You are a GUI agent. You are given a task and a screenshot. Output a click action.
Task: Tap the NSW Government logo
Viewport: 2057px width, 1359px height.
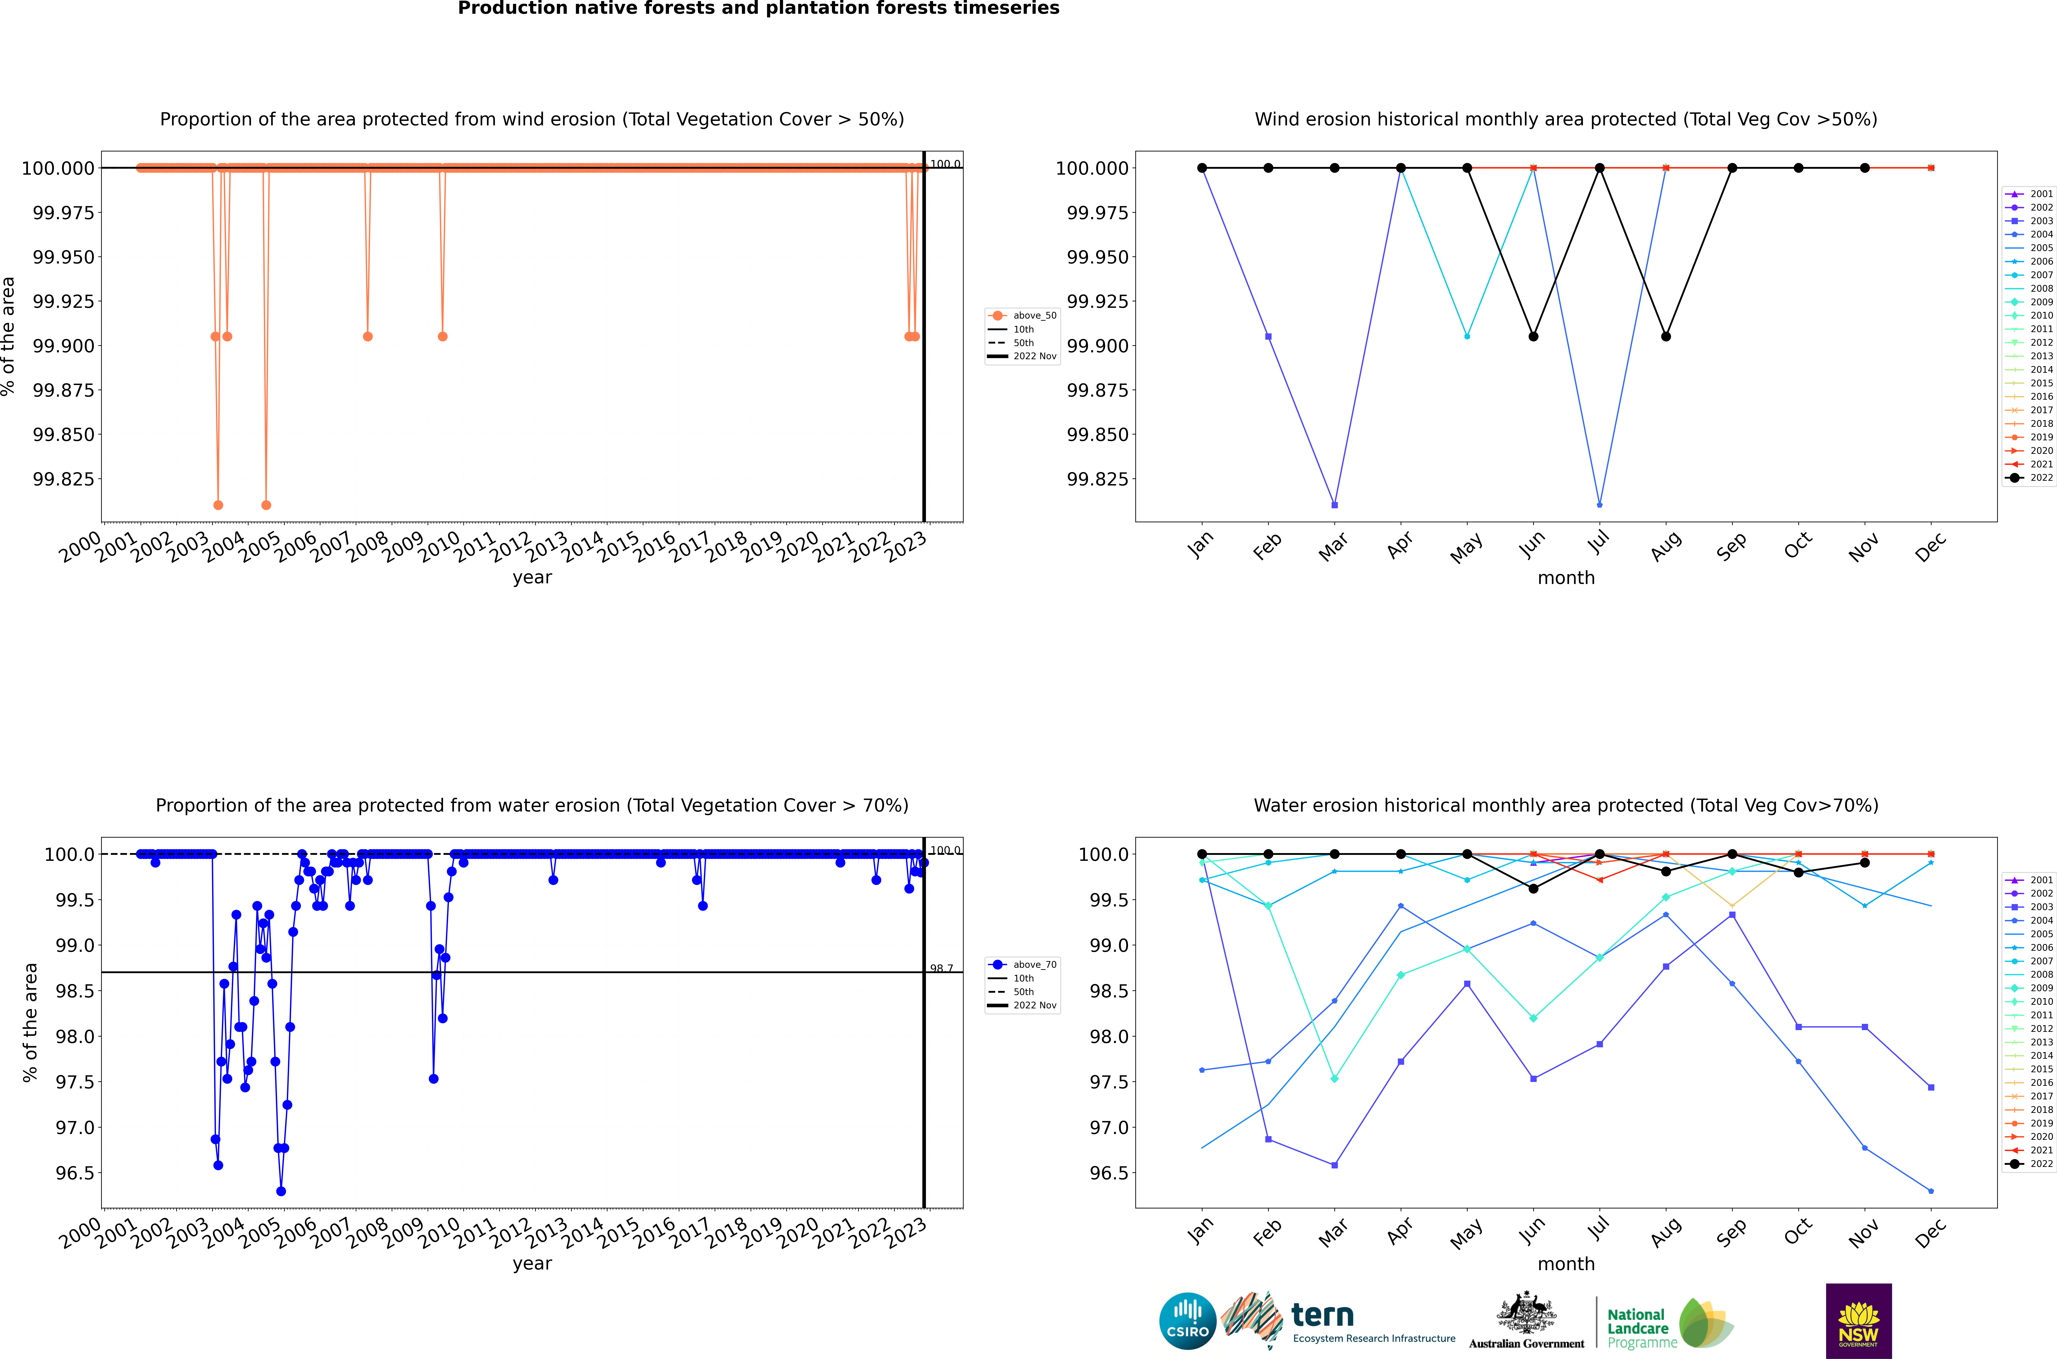point(1859,1321)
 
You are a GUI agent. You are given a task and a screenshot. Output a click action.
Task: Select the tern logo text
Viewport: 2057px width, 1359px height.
point(1322,1316)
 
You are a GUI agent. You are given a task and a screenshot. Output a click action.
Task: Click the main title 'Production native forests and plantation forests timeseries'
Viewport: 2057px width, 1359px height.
point(759,9)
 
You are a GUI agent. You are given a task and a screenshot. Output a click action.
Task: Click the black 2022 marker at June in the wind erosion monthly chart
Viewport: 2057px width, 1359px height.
point(1533,336)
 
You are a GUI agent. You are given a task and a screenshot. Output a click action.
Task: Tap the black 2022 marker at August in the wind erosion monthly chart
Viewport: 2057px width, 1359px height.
point(1666,336)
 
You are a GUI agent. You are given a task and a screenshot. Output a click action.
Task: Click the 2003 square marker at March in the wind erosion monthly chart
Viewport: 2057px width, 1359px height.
point(1334,504)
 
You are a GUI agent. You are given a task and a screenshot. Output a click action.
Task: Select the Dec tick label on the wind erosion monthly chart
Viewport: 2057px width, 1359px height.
point(1930,547)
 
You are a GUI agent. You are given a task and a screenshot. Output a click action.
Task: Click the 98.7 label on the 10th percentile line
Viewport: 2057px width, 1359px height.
point(941,968)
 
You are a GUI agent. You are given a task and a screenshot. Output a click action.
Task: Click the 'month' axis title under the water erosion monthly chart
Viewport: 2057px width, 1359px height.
point(1566,1264)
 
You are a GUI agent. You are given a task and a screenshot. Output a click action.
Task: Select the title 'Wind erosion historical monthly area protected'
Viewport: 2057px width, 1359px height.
point(1566,120)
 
